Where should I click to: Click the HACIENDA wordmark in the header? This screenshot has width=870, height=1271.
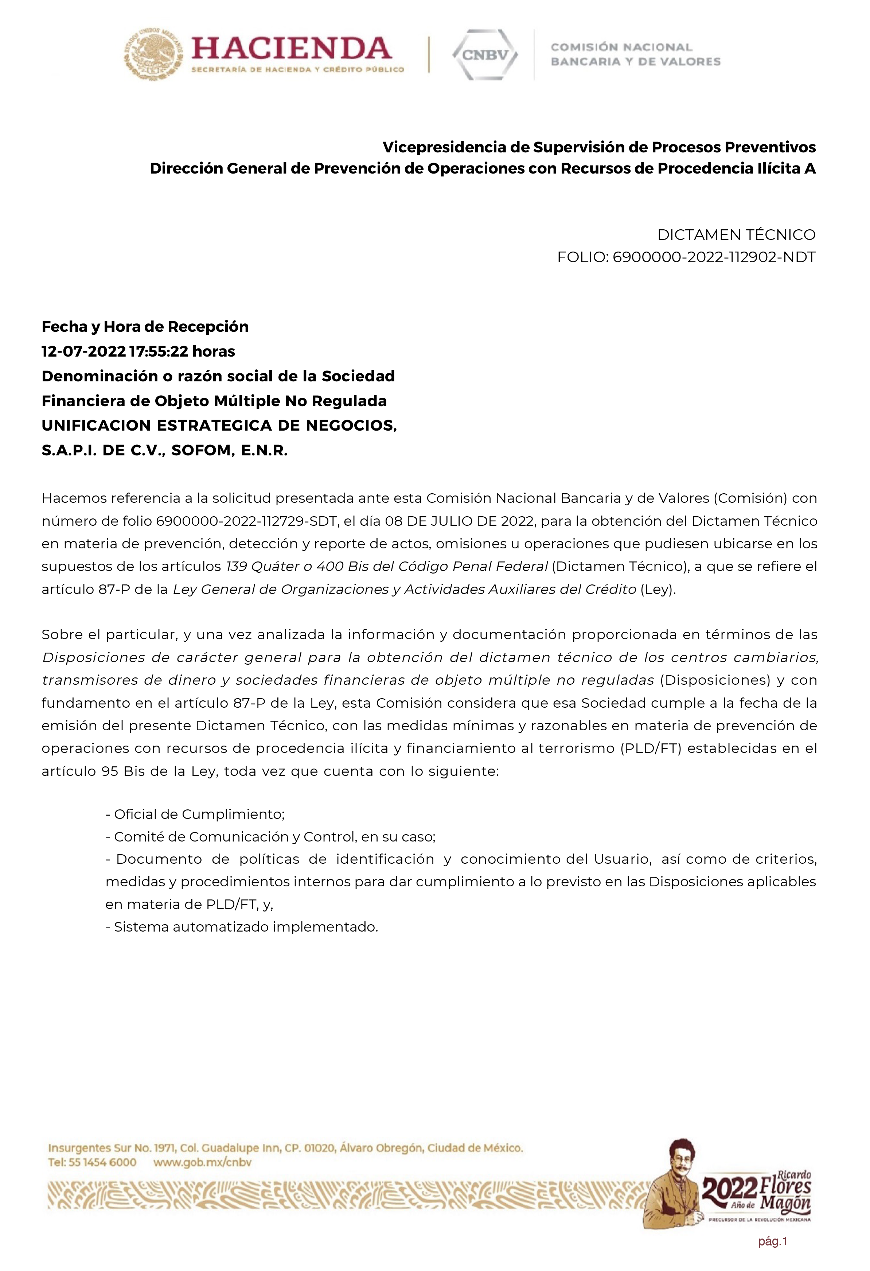(292, 49)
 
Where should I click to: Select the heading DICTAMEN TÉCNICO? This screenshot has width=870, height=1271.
(736, 235)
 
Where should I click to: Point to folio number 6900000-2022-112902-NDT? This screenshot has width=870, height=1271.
(714, 257)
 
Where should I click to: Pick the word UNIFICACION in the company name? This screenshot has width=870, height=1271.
(96, 425)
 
